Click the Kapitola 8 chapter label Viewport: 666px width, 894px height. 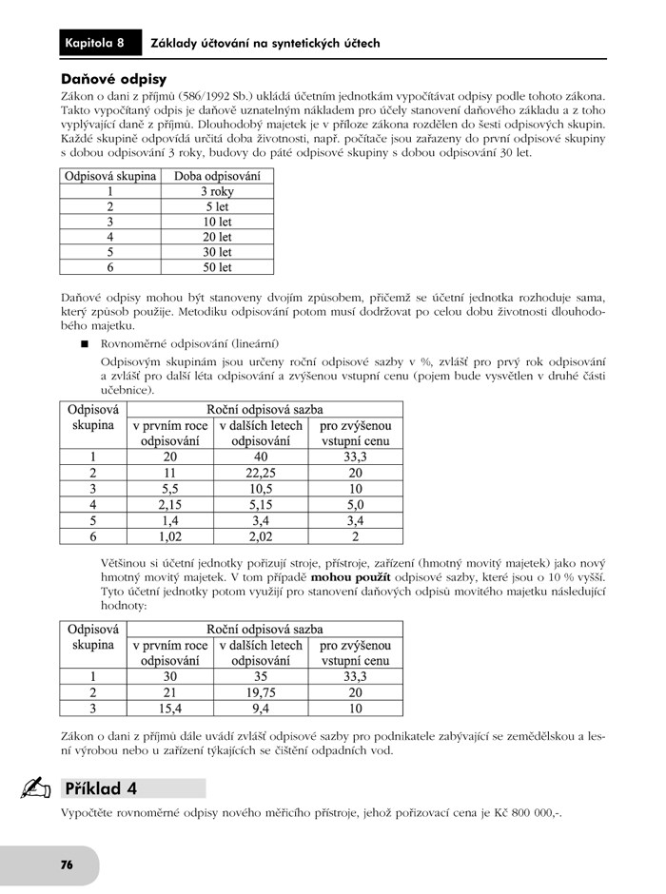[95, 43]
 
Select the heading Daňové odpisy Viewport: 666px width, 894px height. [113, 80]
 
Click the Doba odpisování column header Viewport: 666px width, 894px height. [217, 176]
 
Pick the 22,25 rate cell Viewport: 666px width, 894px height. [261, 473]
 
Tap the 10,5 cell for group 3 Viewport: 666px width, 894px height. [261, 489]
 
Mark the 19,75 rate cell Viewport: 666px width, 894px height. [261, 692]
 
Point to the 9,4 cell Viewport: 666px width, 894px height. [261, 709]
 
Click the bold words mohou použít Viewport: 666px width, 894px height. [351, 577]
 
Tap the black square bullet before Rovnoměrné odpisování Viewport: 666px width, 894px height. [85, 343]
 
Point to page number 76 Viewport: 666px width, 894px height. [67, 865]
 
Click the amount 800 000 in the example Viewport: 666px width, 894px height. [524, 814]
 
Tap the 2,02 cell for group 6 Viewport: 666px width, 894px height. [261, 536]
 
